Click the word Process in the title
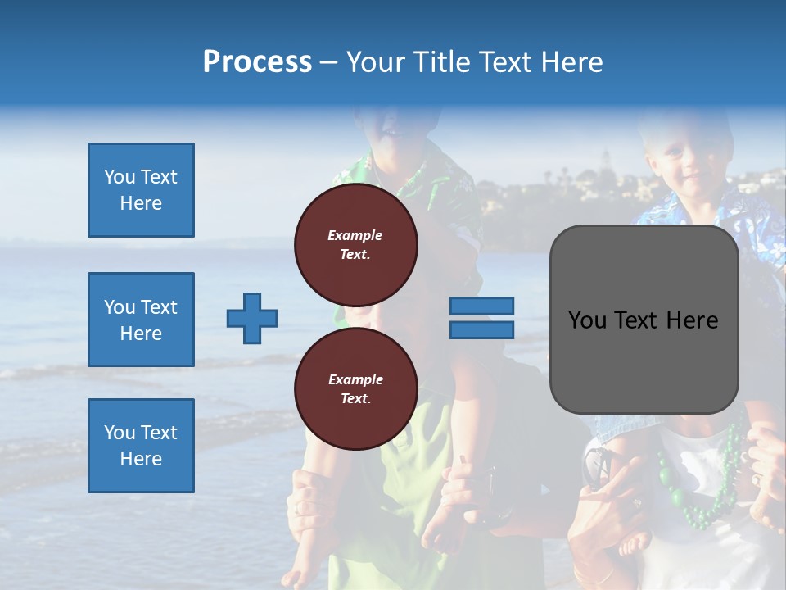257,62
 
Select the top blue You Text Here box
141,190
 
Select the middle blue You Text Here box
141,320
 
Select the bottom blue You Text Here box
141,446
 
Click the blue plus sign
252,318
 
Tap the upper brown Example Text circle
355,245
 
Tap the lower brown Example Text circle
355,389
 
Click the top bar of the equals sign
481,306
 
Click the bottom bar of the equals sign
481,329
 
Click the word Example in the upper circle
355,235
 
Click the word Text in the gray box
634,320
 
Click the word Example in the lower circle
355,379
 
